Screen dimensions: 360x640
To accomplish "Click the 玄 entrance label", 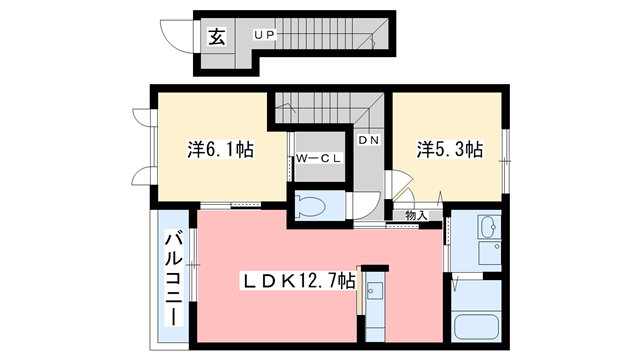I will point(217,38).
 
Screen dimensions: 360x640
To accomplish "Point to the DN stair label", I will point(368,140).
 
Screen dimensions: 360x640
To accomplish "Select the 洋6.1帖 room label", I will point(220,150).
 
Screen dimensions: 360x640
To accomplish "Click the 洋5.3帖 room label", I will point(450,150).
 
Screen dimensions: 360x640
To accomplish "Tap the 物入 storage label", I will point(416,214).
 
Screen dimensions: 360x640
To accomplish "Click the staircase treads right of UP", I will point(330,35).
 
